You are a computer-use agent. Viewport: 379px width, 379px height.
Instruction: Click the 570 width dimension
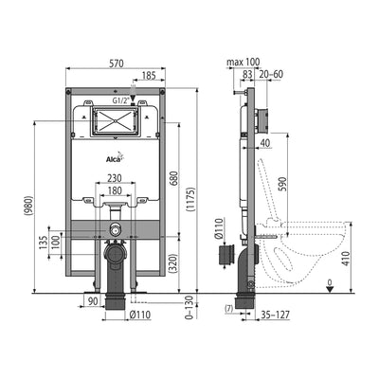tap(117, 63)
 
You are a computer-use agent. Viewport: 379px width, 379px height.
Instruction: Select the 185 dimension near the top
tap(149, 76)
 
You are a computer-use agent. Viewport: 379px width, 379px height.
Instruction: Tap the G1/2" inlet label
tap(121, 101)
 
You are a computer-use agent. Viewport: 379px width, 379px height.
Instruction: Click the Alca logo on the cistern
tap(114, 158)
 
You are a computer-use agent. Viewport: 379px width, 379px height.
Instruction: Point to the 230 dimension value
tap(115, 178)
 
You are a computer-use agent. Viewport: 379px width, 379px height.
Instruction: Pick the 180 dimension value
tap(115, 190)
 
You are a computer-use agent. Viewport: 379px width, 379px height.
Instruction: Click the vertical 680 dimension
tap(174, 178)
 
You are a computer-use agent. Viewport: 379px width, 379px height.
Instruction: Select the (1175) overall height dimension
tap(191, 199)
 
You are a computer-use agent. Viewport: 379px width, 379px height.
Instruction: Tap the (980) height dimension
tap(28, 206)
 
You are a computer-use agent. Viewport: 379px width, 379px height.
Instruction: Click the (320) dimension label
tap(173, 263)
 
